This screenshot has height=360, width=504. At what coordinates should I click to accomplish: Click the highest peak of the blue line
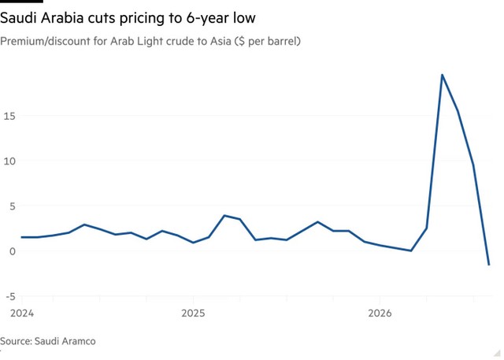tap(443, 75)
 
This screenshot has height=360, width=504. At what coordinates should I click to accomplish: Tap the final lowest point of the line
tap(489, 265)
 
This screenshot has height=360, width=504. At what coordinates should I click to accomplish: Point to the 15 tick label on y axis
tap(9, 116)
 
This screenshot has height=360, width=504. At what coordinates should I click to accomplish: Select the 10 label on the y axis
tap(9, 161)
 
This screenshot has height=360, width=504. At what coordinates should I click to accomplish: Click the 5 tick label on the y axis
tap(13, 206)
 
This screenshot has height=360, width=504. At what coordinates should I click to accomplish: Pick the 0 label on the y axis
tap(13, 251)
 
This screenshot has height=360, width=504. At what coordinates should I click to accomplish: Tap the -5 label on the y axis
tap(10, 297)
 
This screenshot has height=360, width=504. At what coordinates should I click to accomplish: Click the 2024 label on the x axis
tap(22, 313)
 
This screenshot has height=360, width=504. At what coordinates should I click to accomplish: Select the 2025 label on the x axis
tap(193, 313)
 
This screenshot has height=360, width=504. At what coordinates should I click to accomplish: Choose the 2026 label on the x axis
tap(380, 313)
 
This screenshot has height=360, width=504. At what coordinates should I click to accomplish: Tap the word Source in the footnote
tap(16, 341)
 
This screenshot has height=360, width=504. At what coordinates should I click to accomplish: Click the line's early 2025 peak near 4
tap(224, 215)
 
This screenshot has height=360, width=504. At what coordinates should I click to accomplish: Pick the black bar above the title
tap(21, 2)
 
